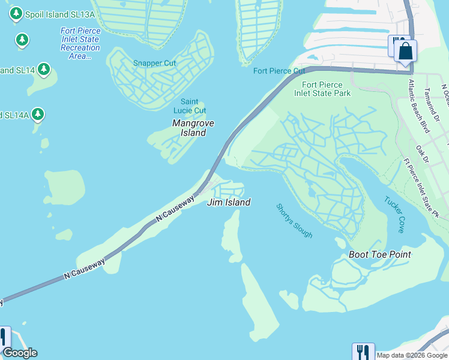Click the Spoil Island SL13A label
(x=54, y=14)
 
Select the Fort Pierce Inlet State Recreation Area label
(x=80, y=43)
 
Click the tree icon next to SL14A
(x=37, y=113)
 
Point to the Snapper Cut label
(x=154, y=63)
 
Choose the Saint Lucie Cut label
(x=190, y=106)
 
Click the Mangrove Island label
(x=193, y=127)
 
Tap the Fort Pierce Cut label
(x=279, y=71)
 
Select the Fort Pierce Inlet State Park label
(x=322, y=89)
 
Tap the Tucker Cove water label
(x=394, y=215)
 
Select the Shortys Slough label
(x=294, y=220)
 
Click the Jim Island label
(x=228, y=202)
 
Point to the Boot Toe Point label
(x=380, y=254)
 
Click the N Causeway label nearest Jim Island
(x=175, y=209)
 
